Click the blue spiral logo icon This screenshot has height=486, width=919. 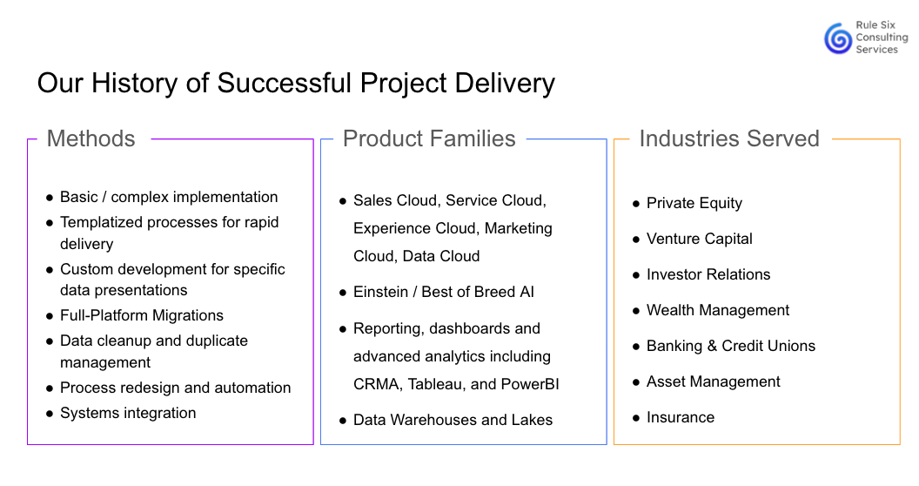pyautogui.click(x=838, y=38)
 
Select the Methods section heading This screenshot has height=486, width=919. pyautogui.click(x=91, y=139)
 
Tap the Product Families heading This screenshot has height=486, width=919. pyautogui.click(x=429, y=139)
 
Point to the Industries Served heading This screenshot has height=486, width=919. pyautogui.click(x=729, y=139)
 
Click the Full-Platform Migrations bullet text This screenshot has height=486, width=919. pyautogui.click(x=142, y=315)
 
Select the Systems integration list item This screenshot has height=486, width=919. pyautogui.click(x=128, y=413)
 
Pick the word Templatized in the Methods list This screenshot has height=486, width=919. pyautogui.click(x=100, y=223)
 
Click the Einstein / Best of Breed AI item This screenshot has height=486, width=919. pyautogui.click(x=444, y=292)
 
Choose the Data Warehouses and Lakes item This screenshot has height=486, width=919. pyautogui.click(x=453, y=420)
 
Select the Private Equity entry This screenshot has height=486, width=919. pyautogui.click(x=694, y=204)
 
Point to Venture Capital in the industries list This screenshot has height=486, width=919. pyautogui.click(x=699, y=239)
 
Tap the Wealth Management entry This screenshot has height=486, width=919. pyautogui.click(x=718, y=310)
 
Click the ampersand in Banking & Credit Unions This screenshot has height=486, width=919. pyautogui.click(x=712, y=346)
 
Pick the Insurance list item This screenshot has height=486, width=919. pyautogui.click(x=681, y=417)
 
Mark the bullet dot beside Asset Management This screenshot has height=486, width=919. pyautogui.click(x=636, y=383)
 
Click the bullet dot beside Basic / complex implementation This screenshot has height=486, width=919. pyautogui.click(x=50, y=199)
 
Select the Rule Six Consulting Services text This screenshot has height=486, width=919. pyautogui.click(x=882, y=37)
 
